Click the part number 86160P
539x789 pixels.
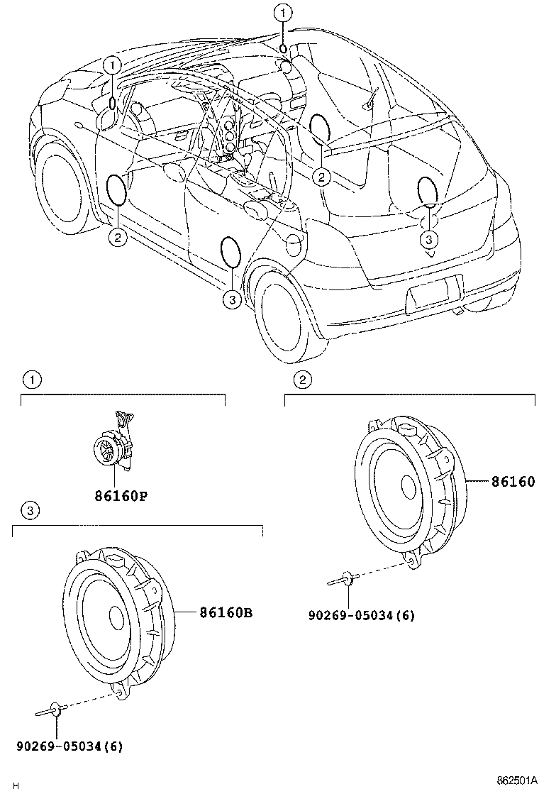121,496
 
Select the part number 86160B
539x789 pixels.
226,611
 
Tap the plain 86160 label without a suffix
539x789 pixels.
513,482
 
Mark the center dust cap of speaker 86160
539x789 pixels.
409,487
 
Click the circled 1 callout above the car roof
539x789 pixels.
283,12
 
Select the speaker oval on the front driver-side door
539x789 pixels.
116,189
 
